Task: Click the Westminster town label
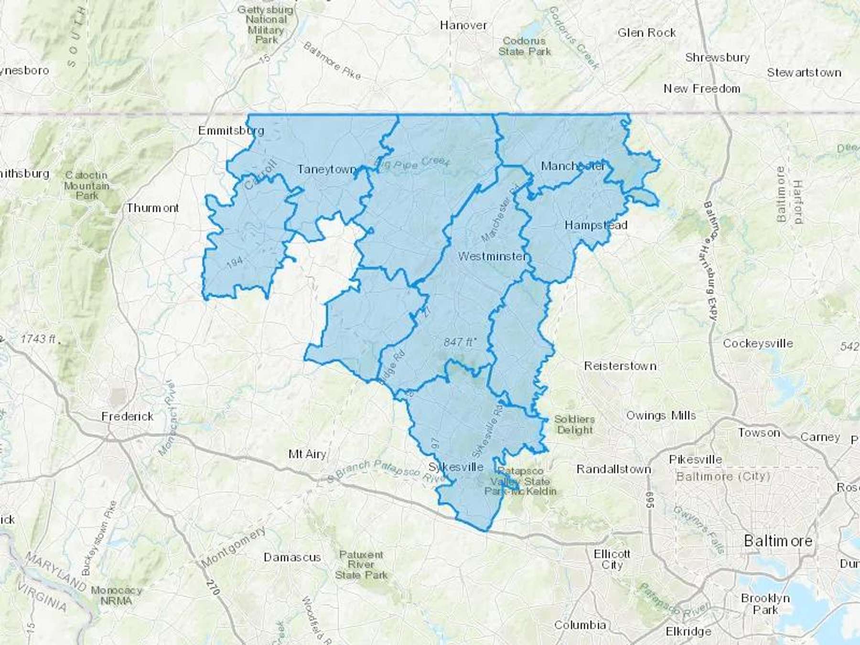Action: [x=492, y=257]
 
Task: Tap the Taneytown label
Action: [x=327, y=169]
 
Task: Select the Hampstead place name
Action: [x=596, y=225]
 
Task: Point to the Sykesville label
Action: [x=456, y=467]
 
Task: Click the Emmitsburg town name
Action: [x=231, y=130]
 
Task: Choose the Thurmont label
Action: [x=152, y=208]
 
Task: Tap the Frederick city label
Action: [x=128, y=417]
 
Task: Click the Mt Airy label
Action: [x=307, y=454]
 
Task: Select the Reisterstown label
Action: [x=620, y=366]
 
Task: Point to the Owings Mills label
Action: [x=661, y=416]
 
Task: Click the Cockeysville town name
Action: [x=758, y=344]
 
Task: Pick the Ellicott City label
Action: [x=612, y=559]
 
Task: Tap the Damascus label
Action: [x=292, y=557]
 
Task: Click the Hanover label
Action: [x=463, y=25]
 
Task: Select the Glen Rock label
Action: [x=646, y=33]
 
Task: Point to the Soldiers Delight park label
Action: [x=574, y=425]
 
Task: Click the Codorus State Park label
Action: [x=524, y=46]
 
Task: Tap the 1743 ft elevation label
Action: [x=39, y=339]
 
